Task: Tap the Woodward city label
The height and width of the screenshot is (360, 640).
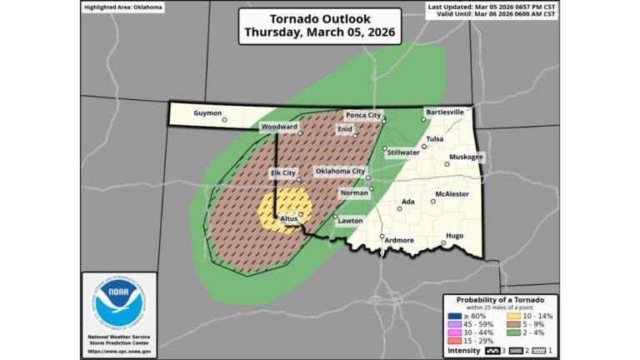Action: (279, 127)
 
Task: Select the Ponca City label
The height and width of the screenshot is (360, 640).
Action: (364, 115)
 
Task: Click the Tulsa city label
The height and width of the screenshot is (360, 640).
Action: (434, 139)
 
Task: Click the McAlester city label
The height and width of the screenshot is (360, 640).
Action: (452, 194)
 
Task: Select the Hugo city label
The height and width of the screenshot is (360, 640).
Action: (455, 236)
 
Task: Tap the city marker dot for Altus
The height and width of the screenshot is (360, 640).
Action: (301, 215)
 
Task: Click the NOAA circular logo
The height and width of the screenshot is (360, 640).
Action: (118, 303)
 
